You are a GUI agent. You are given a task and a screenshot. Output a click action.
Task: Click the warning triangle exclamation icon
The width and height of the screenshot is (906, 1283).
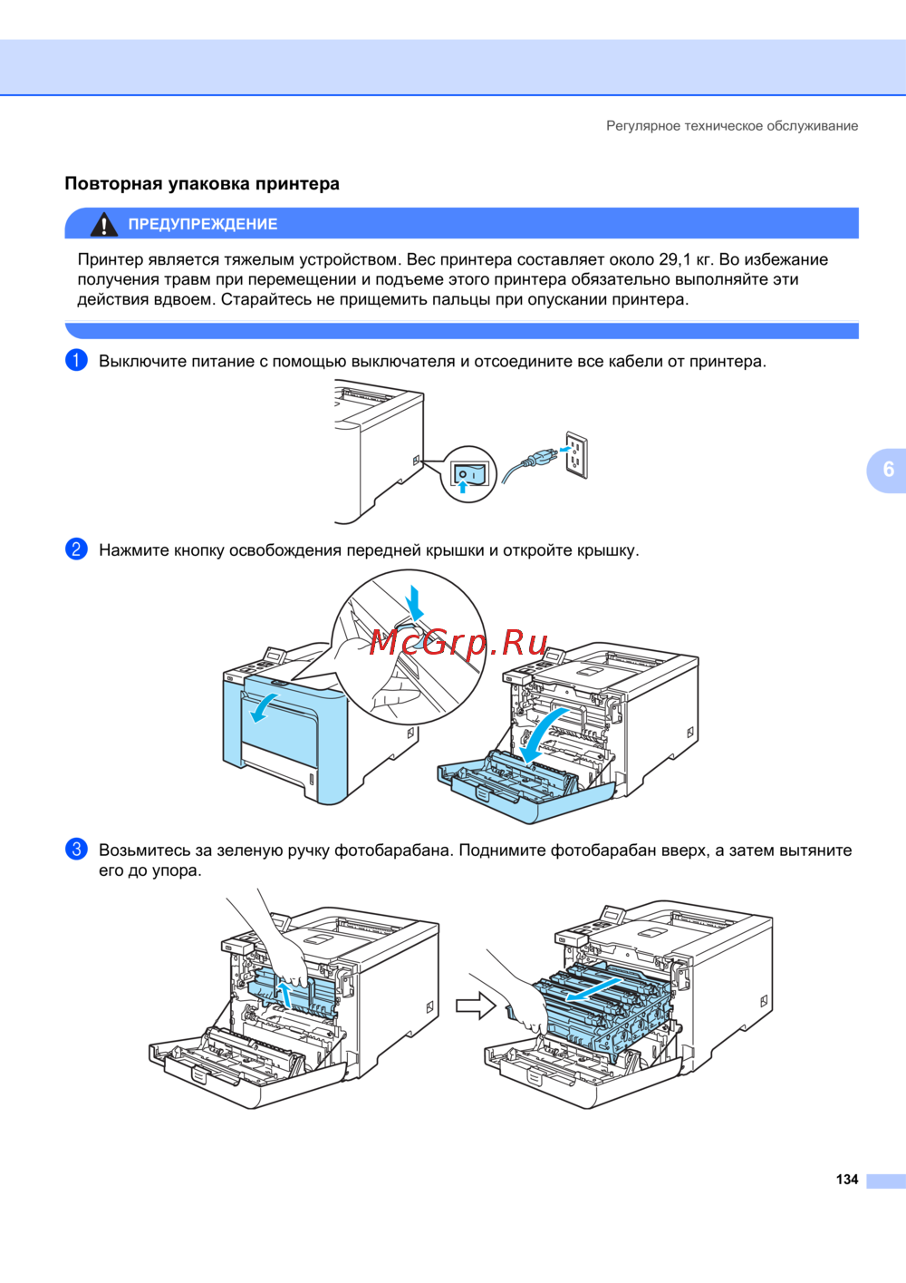(x=103, y=225)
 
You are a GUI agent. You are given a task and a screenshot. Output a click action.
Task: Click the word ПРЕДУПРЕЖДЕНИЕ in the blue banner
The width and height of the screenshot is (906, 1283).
(x=203, y=224)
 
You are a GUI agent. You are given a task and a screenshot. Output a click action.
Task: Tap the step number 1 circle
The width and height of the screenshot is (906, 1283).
(x=76, y=360)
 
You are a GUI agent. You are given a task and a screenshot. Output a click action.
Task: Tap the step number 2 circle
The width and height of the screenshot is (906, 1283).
(x=76, y=549)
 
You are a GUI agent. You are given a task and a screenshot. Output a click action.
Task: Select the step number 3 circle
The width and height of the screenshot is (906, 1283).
(x=76, y=849)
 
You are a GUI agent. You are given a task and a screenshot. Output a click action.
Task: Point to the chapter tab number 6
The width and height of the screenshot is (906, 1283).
(x=888, y=469)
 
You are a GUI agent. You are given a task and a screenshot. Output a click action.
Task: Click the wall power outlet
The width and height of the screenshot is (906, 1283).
(x=576, y=455)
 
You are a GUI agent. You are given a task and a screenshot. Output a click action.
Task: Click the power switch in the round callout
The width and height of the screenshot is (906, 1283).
(x=470, y=474)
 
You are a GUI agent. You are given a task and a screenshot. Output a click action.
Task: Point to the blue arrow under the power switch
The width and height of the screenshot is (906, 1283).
(x=462, y=486)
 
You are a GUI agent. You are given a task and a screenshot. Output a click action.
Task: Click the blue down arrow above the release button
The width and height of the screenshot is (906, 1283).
(x=414, y=602)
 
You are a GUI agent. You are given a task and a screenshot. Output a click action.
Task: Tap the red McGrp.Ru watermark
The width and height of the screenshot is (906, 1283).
(x=458, y=642)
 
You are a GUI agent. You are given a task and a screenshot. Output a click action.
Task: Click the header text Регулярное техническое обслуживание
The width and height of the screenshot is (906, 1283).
(x=732, y=126)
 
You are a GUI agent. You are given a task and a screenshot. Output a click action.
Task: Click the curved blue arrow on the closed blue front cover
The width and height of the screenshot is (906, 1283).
(x=265, y=707)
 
